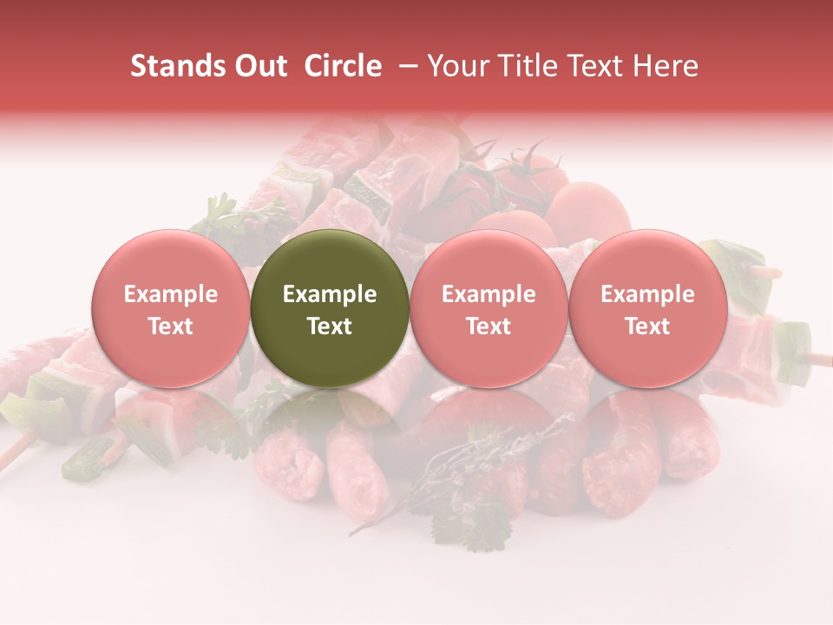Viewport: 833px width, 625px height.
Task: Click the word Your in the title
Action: (x=456, y=66)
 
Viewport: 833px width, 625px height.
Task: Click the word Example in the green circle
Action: (x=330, y=294)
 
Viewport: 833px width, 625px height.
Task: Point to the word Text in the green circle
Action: (x=330, y=326)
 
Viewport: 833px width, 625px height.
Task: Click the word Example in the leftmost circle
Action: (x=170, y=294)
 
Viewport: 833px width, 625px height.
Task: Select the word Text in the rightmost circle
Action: (x=647, y=326)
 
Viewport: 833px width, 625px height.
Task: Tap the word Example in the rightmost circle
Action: (x=647, y=294)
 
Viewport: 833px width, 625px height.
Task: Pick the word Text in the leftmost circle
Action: (x=170, y=326)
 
